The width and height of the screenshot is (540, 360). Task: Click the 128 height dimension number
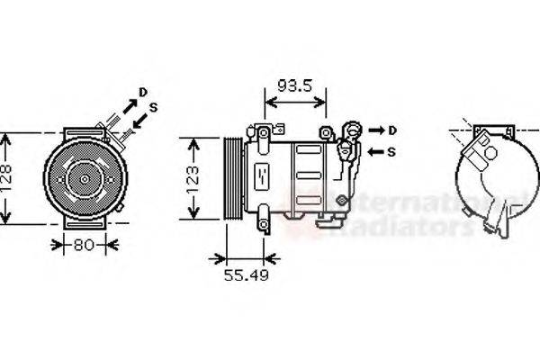pyautogui.click(x=7, y=179)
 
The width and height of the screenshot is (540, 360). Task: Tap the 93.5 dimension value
pyautogui.click(x=293, y=87)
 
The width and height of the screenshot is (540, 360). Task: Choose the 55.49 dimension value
pyautogui.click(x=246, y=274)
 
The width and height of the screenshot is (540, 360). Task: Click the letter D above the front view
pyautogui.click(x=142, y=92)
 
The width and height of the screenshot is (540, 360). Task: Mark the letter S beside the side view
pyautogui.click(x=392, y=151)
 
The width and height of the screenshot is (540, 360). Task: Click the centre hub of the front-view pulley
pyautogui.click(x=84, y=179)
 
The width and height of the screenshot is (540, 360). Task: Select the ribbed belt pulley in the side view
pyautogui.click(x=233, y=178)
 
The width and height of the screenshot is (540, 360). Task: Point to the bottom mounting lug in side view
pyautogui.click(x=264, y=218)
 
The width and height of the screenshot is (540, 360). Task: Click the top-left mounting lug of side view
pyautogui.click(x=263, y=138)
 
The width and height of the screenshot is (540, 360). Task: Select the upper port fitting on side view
pyautogui.click(x=354, y=131)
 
